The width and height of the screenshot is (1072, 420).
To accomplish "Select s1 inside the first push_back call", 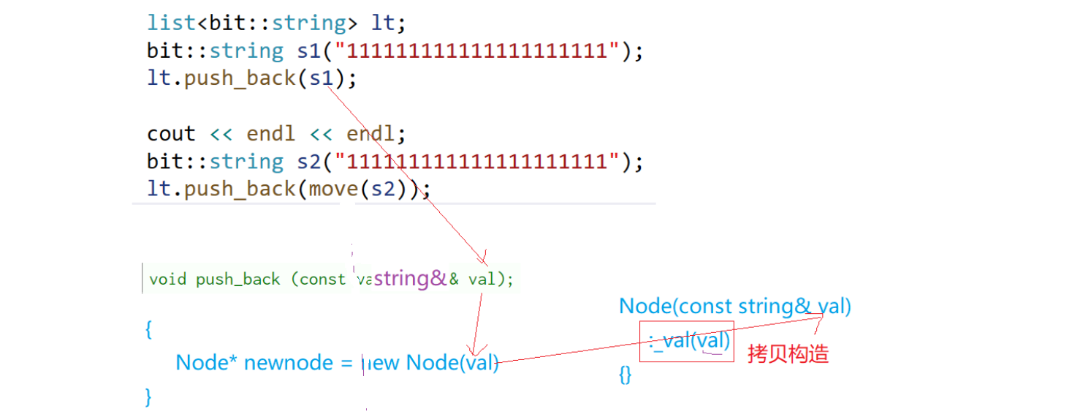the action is (322, 78).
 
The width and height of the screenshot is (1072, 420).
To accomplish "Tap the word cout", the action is (171, 134).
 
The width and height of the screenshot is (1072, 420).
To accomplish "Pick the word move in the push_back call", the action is (333, 189).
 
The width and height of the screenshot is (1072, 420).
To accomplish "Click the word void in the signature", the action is (167, 280).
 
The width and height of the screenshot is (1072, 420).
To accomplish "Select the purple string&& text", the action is (411, 279).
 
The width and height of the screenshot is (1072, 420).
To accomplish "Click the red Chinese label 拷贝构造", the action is (788, 354).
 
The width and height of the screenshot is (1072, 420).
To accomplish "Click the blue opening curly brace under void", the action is (149, 329).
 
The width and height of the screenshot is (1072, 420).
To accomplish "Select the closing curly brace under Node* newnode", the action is (149, 396).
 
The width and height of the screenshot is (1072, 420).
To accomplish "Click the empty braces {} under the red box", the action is (625, 375).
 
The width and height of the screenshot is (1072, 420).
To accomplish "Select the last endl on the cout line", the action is (373, 134).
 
